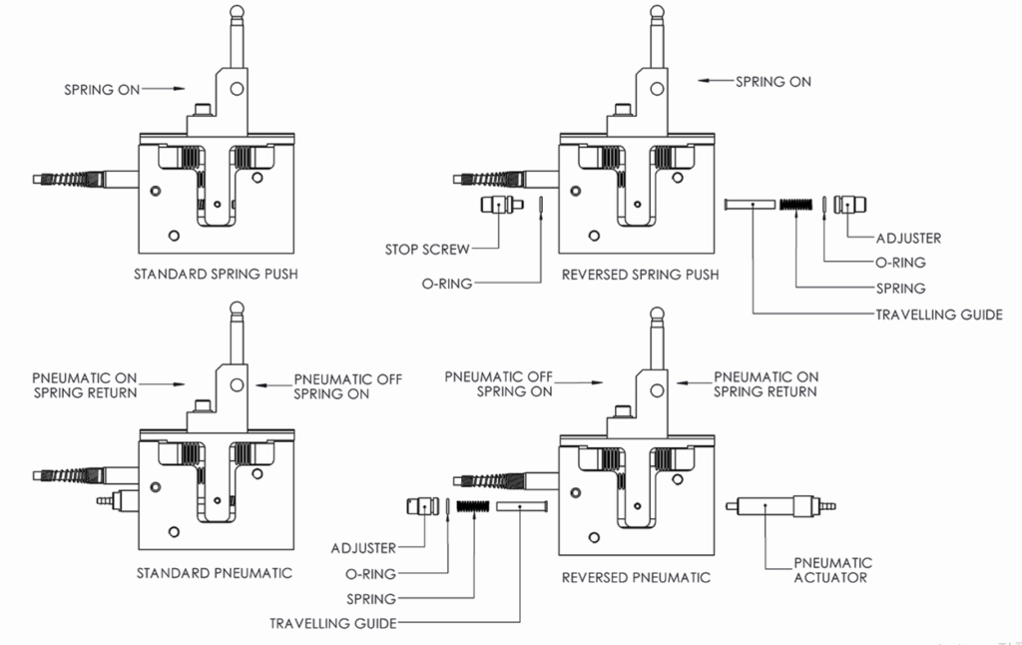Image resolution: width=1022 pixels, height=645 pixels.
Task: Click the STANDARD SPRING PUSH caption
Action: coord(216,274)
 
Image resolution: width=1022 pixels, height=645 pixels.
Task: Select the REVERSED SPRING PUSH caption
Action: coord(640,275)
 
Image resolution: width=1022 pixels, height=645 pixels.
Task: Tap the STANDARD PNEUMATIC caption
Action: coord(214,573)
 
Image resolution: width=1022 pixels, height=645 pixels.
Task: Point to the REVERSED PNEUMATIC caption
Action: coord(636,577)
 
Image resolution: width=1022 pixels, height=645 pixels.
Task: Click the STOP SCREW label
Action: coord(427,250)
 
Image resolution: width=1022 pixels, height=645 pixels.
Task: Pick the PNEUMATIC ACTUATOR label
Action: coord(832,570)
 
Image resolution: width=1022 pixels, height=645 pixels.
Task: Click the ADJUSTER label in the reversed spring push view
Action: coord(908,238)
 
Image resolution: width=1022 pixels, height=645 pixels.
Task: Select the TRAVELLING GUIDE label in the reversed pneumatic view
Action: coord(333,623)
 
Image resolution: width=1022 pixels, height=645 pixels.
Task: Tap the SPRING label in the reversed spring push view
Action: coord(901,289)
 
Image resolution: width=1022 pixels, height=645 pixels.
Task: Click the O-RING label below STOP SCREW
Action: coord(447,284)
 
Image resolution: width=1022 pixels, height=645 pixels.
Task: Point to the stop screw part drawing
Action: coord(502,204)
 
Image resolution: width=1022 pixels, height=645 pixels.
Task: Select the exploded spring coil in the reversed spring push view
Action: coord(796,204)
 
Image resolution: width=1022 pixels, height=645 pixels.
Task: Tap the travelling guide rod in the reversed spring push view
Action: coord(751,204)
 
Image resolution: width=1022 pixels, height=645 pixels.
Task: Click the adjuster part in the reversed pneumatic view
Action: coord(423,506)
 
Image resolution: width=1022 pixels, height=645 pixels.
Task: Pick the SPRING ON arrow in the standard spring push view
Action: coord(163,89)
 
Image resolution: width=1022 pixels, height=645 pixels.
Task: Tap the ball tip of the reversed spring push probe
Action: coord(658,11)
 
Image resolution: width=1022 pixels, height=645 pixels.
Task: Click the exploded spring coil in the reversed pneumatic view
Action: coord(472,506)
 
